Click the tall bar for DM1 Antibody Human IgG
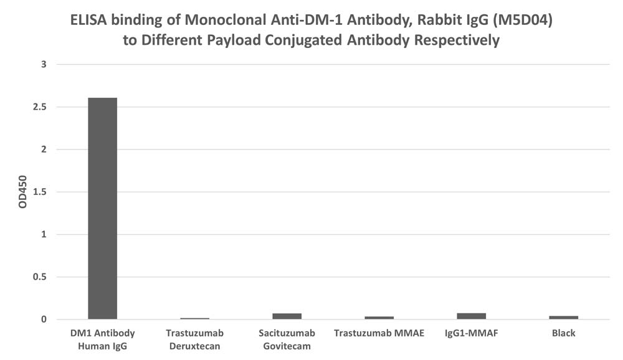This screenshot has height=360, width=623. click(x=103, y=208)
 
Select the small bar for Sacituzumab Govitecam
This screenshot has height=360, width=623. click(x=287, y=316)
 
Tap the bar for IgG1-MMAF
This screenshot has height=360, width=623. click(x=471, y=316)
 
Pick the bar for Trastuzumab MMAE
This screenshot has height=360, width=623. click(x=379, y=318)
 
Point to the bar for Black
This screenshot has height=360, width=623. click(x=563, y=318)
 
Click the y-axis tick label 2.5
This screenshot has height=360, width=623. click(x=40, y=107)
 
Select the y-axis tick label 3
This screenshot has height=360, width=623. click(x=44, y=64)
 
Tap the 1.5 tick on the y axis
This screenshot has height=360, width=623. click(x=40, y=192)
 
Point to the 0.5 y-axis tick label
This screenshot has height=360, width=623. click(x=40, y=277)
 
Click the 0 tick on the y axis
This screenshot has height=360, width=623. click(x=44, y=320)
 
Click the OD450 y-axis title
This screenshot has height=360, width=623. click(x=22, y=192)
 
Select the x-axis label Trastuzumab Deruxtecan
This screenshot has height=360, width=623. click(x=194, y=339)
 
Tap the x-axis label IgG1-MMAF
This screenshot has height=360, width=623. click(x=471, y=333)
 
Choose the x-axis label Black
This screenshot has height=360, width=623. click(x=563, y=333)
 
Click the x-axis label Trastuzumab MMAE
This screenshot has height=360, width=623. click(x=379, y=333)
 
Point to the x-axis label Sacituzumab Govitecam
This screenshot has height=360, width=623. click(x=287, y=339)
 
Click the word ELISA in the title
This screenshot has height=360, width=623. click(x=88, y=20)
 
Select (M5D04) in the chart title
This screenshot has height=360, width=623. click(x=523, y=21)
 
